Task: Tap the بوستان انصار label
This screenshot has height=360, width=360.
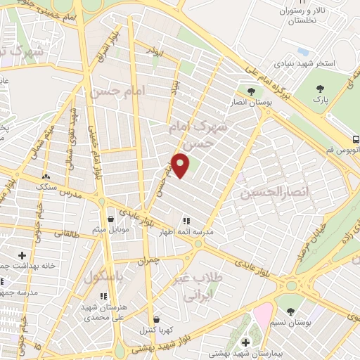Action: click(250, 103)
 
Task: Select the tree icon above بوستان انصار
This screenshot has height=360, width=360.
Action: click(250, 90)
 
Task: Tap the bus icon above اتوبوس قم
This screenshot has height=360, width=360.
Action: click(356, 139)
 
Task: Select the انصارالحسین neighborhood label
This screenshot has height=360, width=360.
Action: click(266, 191)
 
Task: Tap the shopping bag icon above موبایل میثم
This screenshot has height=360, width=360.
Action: click(109, 218)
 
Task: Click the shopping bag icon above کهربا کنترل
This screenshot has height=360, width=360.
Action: click(155, 319)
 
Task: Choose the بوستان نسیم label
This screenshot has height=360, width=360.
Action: click(290, 323)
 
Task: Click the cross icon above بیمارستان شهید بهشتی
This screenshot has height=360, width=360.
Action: click(245, 342)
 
